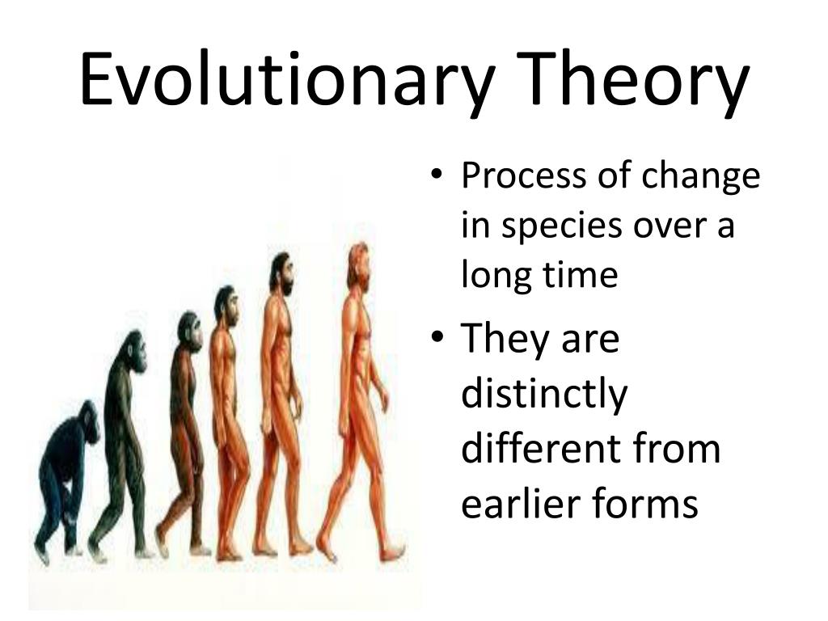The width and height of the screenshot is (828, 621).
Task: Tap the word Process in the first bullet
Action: click(523, 175)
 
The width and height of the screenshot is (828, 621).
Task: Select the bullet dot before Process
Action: click(436, 175)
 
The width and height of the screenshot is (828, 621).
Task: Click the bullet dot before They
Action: click(436, 336)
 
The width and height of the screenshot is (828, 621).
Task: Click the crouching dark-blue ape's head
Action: click(89, 420)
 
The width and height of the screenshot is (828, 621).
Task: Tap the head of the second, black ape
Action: click(134, 352)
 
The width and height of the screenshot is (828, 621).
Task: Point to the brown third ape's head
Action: click(190, 332)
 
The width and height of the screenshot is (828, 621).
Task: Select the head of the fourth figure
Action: click(226, 305)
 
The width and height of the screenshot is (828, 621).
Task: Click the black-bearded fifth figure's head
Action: click(281, 273)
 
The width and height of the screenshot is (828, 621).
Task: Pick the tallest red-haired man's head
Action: click(358, 265)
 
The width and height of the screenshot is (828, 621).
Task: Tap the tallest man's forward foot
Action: click(393, 552)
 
